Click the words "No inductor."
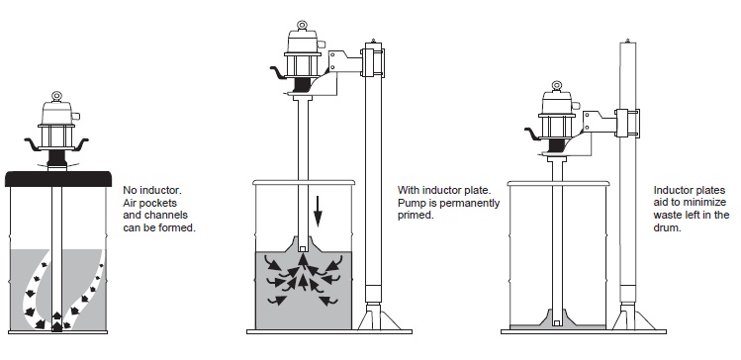tap(151, 191)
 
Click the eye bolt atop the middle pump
tap(302, 26)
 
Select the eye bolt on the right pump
tap(556, 86)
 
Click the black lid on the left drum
tap(58, 179)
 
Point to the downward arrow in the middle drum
tap(318, 211)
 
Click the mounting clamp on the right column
tap(627, 123)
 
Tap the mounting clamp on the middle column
tap(373, 60)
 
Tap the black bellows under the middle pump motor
tap(302, 85)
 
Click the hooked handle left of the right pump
tap(532, 134)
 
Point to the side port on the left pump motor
tap(76, 116)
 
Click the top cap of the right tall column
tap(627, 42)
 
